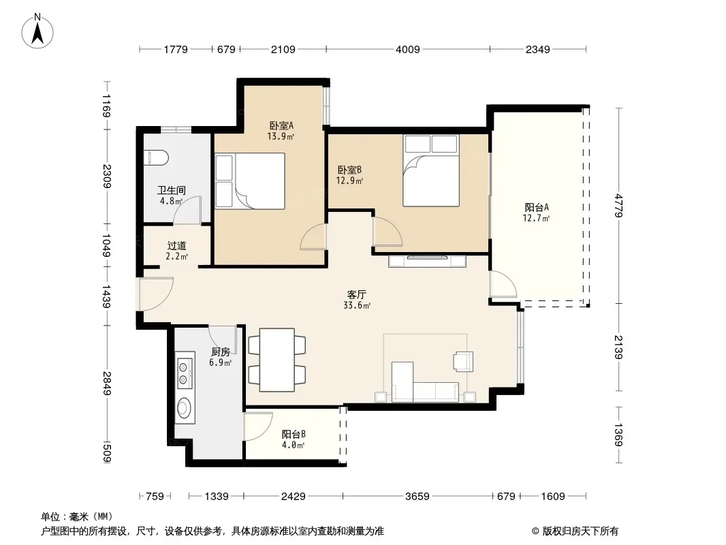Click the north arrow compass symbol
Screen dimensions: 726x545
click(37, 31)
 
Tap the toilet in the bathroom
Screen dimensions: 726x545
click(156, 157)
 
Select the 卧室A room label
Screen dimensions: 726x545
click(281, 125)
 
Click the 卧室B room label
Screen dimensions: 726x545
click(349, 170)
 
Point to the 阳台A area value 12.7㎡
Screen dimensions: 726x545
click(536, 218)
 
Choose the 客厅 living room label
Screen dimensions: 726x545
click(357, 294)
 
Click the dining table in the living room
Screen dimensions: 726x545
click(277, 360)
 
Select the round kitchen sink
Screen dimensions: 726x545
click(185, 408)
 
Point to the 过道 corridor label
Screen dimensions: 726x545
click(176, 246)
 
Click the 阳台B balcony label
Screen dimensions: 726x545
click(294, 435)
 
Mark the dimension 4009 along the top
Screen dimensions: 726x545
click(408, 49)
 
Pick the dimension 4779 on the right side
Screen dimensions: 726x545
click(618, 206)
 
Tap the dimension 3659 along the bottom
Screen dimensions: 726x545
click(417, 497)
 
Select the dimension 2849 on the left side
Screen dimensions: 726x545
click(107, 384)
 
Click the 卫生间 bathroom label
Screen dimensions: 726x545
click(172, 190)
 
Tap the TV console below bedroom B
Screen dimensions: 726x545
click(427, 261)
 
